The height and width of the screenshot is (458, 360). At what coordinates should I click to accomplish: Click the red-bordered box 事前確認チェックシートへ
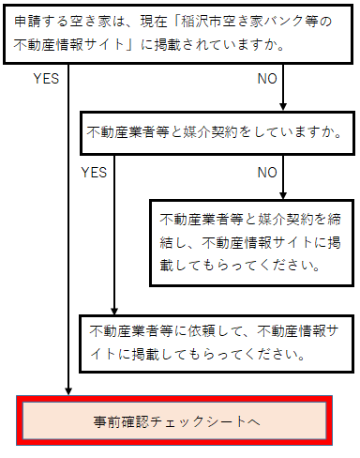[175, 420]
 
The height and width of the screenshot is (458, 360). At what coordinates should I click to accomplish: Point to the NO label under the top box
[267, 79]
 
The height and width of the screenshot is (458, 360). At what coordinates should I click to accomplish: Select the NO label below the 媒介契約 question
[267, 173]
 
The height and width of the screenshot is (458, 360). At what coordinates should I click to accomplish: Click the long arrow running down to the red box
[69, 235]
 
